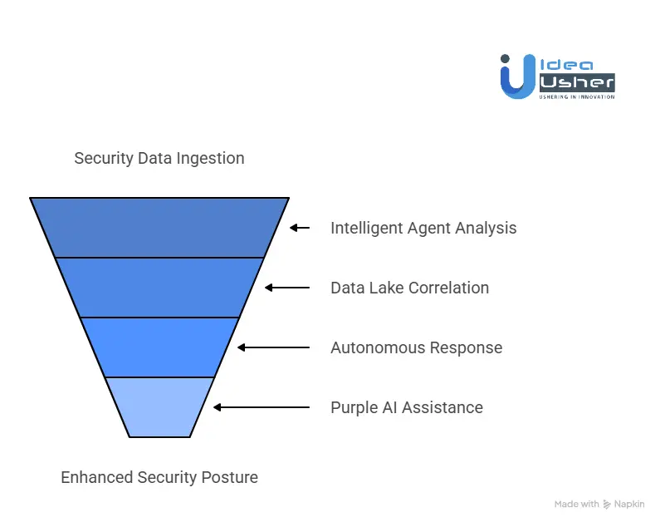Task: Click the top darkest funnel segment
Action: [x=159, y=227]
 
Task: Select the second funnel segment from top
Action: [x=159, y=287]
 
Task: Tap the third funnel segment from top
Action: [x=159, y=347]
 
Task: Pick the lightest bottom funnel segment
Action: [x=159, y=406]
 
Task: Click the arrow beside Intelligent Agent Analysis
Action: [x=299, y=228]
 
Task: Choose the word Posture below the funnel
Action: [x=230, y=478]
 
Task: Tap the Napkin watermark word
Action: [x=630, y=505]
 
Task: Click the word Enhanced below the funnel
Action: [x=95, y=478]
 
